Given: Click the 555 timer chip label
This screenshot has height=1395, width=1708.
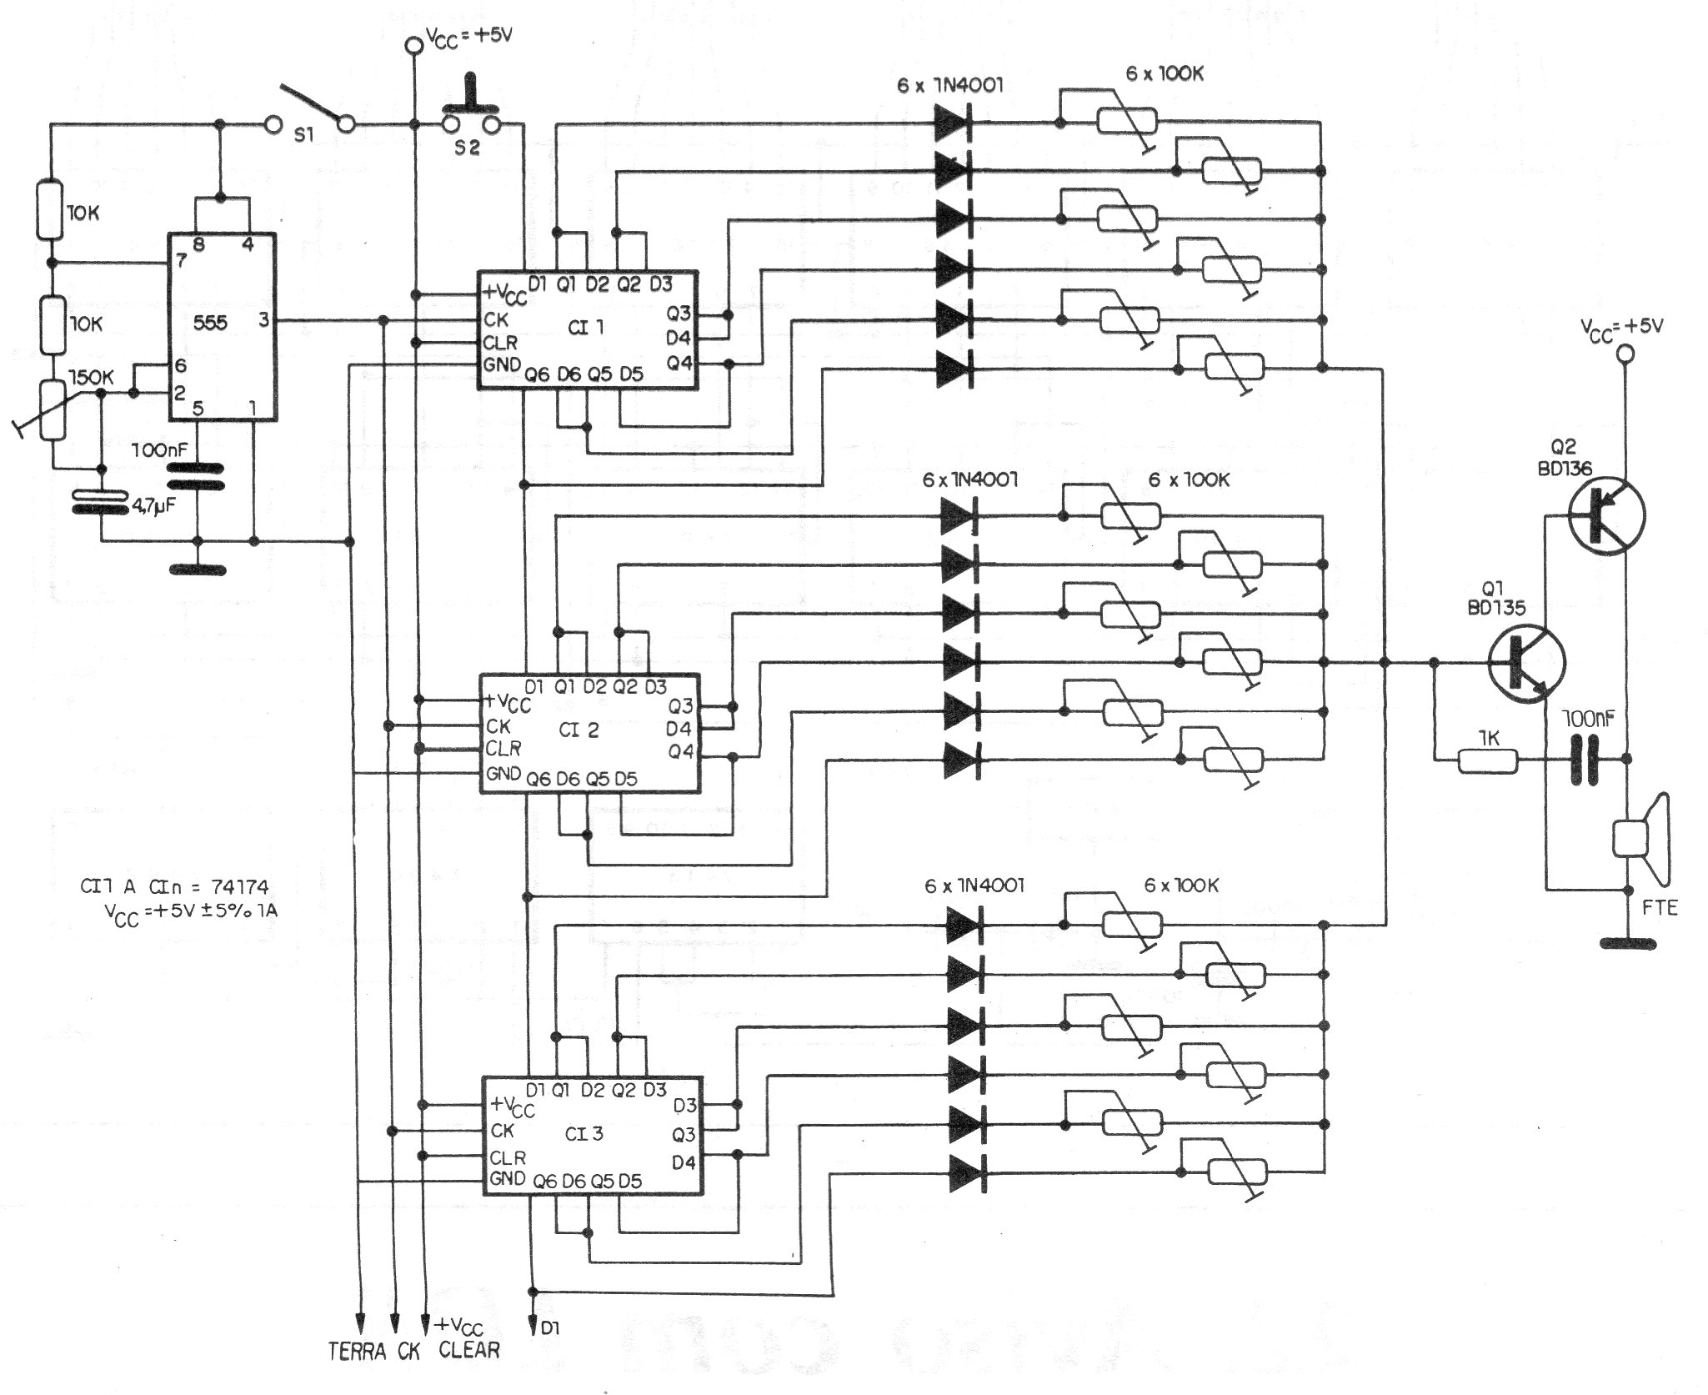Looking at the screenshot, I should click(x=209, y=322).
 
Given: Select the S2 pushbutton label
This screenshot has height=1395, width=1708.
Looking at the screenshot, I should click(x=468, y=148).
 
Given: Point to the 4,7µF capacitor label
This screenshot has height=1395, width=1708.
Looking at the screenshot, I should click(x=156, y=505).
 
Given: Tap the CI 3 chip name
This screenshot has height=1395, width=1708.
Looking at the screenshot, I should click(x=584, y=1134).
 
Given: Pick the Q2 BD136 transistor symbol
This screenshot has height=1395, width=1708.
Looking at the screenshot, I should click(x=1605, y=515).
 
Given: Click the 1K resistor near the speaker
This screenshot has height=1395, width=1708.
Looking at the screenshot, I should click(x=1488, y=760).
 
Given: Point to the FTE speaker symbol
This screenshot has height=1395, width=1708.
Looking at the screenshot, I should click(x=1638, y=838).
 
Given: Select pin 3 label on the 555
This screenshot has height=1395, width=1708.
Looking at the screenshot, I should click(x=263, y=319).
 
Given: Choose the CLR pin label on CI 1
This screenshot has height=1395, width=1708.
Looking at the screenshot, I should click(x=500, y=342).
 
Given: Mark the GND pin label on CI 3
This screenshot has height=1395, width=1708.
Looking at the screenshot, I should click(x=507, y=1178).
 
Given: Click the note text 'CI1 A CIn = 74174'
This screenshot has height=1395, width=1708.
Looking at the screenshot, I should click(x=174, y=886).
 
